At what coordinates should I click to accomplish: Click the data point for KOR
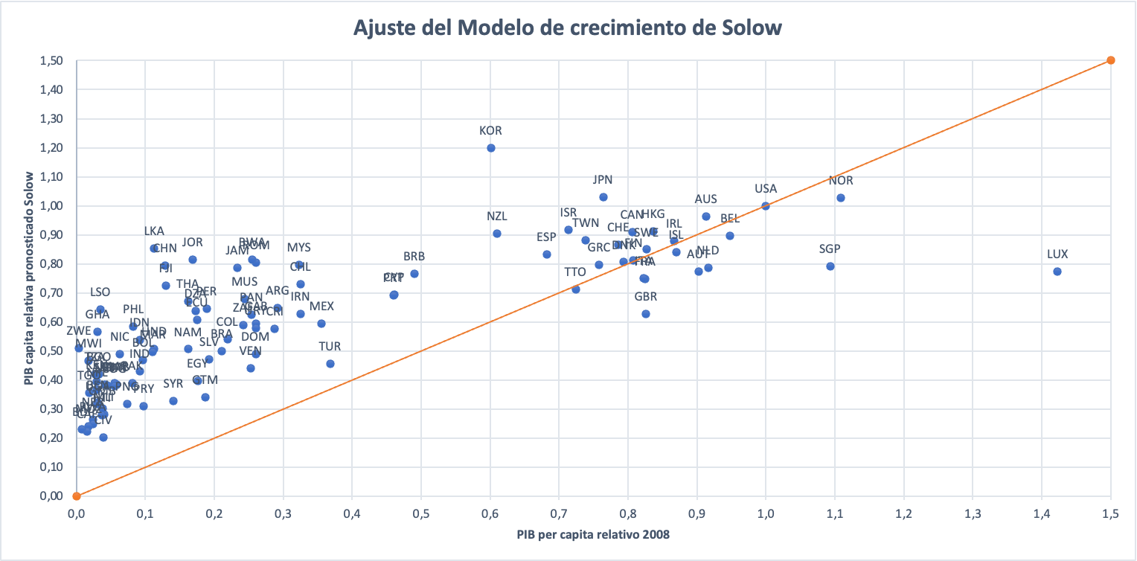click(491, 148)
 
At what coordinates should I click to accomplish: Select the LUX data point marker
click(1057, 272)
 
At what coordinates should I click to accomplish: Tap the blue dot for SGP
click(830, 266)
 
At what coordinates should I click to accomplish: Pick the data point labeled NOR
click(841, 198)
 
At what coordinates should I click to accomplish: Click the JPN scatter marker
click(603, 197)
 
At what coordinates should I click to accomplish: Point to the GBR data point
click(646, 314)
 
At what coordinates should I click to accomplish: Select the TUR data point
click(330, 364)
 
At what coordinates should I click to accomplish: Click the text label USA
click(766, 189)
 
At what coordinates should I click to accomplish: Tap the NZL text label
click(497, 217)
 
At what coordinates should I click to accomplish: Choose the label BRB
click(414, 257)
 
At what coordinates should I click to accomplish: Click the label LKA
click(154, 231)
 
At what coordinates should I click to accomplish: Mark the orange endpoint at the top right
click(1111, 60)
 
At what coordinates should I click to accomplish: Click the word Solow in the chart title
click(752, 28)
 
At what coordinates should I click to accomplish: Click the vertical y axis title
click(29, 278)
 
